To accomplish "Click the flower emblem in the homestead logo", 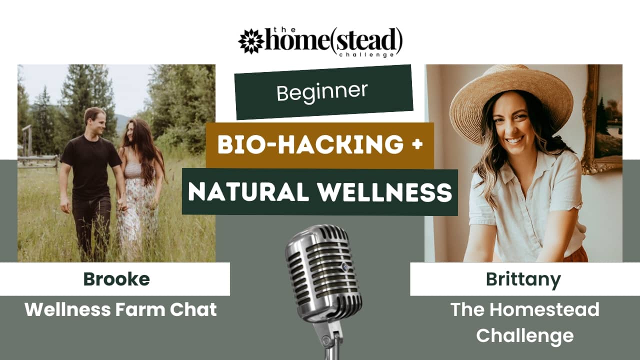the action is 251,41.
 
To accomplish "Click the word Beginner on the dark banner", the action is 322,92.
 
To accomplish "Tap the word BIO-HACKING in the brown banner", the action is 310,144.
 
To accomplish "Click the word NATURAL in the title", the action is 248,192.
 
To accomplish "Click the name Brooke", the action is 116,279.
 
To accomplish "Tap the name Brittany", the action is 523,280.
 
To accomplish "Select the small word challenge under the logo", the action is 366,54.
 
